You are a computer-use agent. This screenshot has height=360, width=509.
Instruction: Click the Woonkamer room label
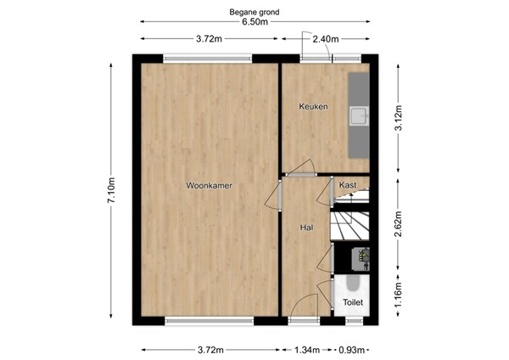(210, 185)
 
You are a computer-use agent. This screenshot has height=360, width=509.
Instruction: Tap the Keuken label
(312, 106)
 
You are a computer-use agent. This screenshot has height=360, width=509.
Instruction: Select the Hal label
(306, 228)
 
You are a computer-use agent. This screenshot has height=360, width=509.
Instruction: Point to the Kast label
(347, 184)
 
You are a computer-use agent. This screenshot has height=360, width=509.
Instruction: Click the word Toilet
(352, 302)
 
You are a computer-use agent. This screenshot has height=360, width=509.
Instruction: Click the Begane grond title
(255, 12)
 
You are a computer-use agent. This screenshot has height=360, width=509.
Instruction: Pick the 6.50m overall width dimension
(255, 23)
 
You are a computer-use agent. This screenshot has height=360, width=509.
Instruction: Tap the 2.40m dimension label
(326, 39)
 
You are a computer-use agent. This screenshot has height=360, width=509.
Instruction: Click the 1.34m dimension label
(307, 349)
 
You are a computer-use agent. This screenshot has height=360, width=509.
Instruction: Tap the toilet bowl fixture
(352, 284)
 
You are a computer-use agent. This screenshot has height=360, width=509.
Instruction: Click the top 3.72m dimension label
(209, 39)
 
